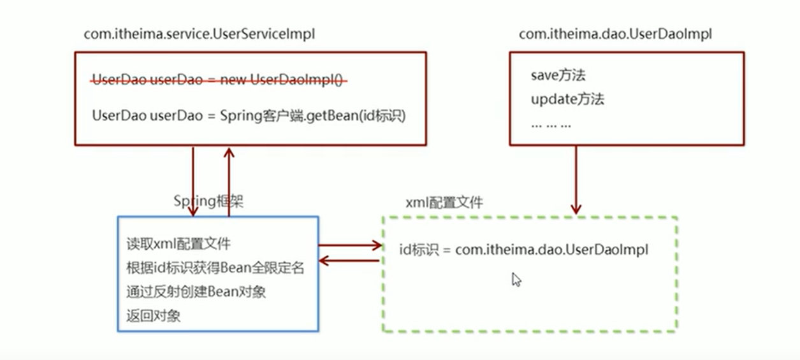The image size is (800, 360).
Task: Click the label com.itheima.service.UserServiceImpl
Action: [199, 34]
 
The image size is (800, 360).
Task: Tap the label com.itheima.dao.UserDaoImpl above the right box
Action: [615, 34]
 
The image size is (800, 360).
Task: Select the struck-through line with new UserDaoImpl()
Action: [219, 80]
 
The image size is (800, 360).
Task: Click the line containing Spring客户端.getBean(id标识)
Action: [249, 117]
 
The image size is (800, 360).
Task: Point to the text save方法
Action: [558, 75]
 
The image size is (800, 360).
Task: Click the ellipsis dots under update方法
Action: [551, 124]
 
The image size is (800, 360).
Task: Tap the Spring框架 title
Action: [209, 201]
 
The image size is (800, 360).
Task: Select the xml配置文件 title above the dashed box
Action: [444, 203]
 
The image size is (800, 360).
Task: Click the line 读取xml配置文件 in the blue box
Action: [178, 243]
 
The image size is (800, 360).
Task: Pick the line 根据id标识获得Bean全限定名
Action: [215, 268]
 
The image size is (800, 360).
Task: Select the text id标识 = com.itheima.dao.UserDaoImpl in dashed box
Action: [524, 250]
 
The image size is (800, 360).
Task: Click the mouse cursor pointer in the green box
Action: [516, 279]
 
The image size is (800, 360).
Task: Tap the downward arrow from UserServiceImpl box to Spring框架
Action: [193, 181]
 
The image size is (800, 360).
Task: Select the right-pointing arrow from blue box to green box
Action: [349, 244]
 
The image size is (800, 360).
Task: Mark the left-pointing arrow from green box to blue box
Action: [349, 260]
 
